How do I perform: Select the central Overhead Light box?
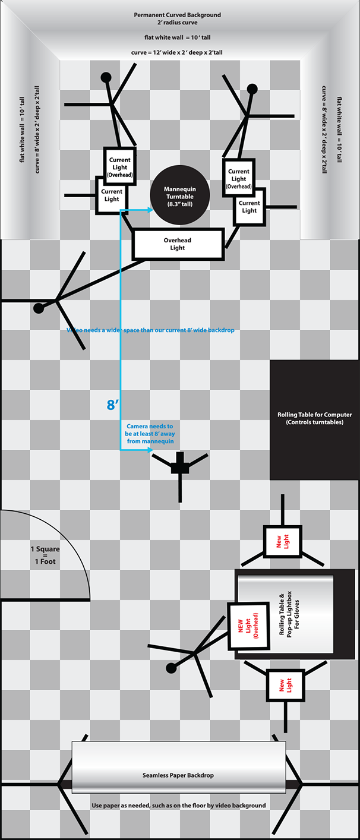pyautogui.click(x=178, y=244)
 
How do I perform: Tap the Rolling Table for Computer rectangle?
pyautogui.click(x=314, y=419)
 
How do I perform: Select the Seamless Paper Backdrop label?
pyautogui.click(x=178, y=775)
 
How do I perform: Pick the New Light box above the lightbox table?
pyautogui.click(x=283, y=542)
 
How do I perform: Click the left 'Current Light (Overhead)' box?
pyautogui.click(x=119, y=167)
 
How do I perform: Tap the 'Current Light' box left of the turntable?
pyautogui.click(x=112, y=195)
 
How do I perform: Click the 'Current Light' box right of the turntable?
pyautogui.click(x=249, y=207)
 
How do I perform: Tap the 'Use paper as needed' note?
pyautogui.click(x=178, y=806)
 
